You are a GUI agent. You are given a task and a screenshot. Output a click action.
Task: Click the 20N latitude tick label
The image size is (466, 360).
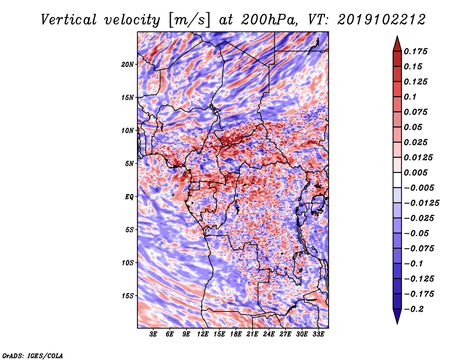[x=128, y=64]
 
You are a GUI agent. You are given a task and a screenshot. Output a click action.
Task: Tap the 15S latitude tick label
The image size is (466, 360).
[x=128, y=296]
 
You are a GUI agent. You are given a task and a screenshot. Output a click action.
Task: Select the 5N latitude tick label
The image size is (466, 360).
[x=129, y=164]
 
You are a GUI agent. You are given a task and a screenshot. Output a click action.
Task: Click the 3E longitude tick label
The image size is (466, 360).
[x=154, y=334]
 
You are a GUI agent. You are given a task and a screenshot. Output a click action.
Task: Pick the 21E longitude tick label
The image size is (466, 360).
[x=252, y=334]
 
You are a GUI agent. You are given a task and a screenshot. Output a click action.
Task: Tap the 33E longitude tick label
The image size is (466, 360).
[x=318, y=334]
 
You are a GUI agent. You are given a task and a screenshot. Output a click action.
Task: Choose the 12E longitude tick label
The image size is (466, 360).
[x=203, y=334]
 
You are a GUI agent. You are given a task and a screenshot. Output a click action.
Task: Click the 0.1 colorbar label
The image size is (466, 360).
[x=413, y=97]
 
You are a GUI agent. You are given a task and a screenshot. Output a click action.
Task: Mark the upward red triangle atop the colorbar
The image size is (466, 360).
[x=396, y=42]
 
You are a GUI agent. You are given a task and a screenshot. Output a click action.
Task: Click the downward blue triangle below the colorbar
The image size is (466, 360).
[x=396, y=316]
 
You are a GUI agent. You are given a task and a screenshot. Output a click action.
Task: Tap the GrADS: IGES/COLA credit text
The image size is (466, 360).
[x=32, y=355]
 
